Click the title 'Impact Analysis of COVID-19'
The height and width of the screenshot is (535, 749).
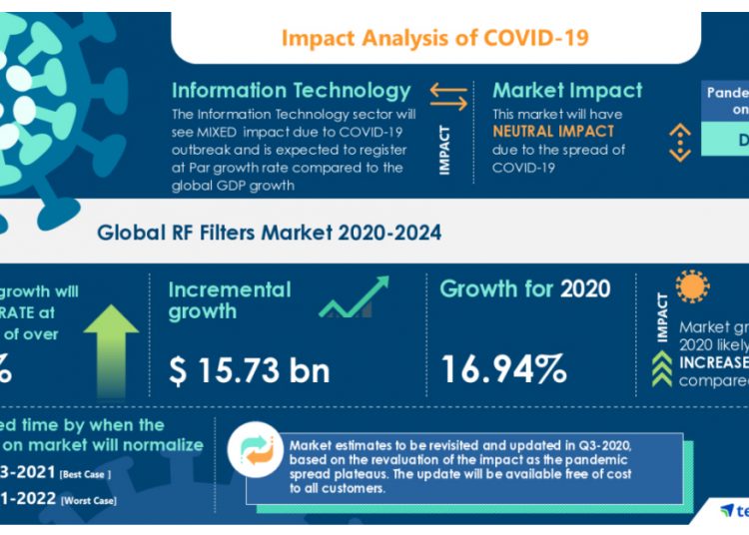click(434, 38)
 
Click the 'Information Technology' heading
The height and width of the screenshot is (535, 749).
click(291, 91)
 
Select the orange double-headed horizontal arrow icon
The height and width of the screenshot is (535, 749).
click(448, 96)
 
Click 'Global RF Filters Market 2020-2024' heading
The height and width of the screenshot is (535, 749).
click(269, 233)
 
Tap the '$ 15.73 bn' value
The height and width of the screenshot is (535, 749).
click(249, 370)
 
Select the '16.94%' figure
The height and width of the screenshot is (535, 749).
click(503, 370)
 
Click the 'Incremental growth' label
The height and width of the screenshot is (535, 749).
click(230, 300)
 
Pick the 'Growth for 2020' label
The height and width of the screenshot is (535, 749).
click(524, 290)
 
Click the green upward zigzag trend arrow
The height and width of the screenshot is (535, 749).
click(354, 298)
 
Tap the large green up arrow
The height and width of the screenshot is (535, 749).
click(111, 343)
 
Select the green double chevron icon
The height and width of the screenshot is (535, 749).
click(661, 369)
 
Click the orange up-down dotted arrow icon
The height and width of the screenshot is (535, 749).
click(679, 142)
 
